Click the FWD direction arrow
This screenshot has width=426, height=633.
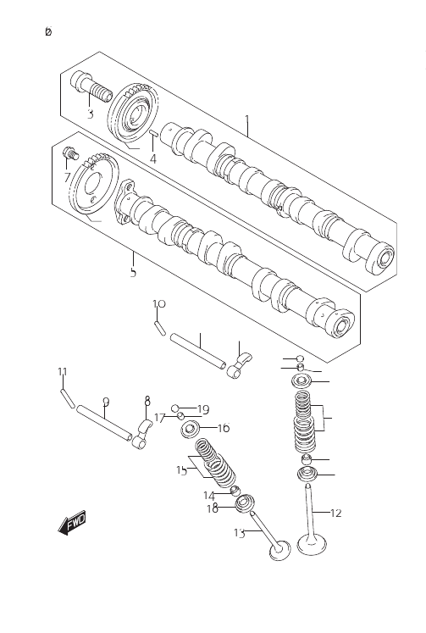73,523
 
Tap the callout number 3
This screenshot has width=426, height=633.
91,114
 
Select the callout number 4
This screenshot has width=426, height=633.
152,158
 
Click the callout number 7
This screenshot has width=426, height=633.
67,177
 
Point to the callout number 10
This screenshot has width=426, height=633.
159,303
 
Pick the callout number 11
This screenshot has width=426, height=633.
62,371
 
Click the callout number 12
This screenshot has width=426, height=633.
335,514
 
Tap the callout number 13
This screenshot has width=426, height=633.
239,533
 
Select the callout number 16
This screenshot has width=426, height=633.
224,428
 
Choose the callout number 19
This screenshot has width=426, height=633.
203,410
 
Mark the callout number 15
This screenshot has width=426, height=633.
182,470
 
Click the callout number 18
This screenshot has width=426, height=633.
213,508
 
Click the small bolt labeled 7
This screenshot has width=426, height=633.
70,153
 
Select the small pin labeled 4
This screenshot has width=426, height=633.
154,134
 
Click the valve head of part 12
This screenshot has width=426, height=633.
312,544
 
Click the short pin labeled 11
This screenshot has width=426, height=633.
68,397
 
